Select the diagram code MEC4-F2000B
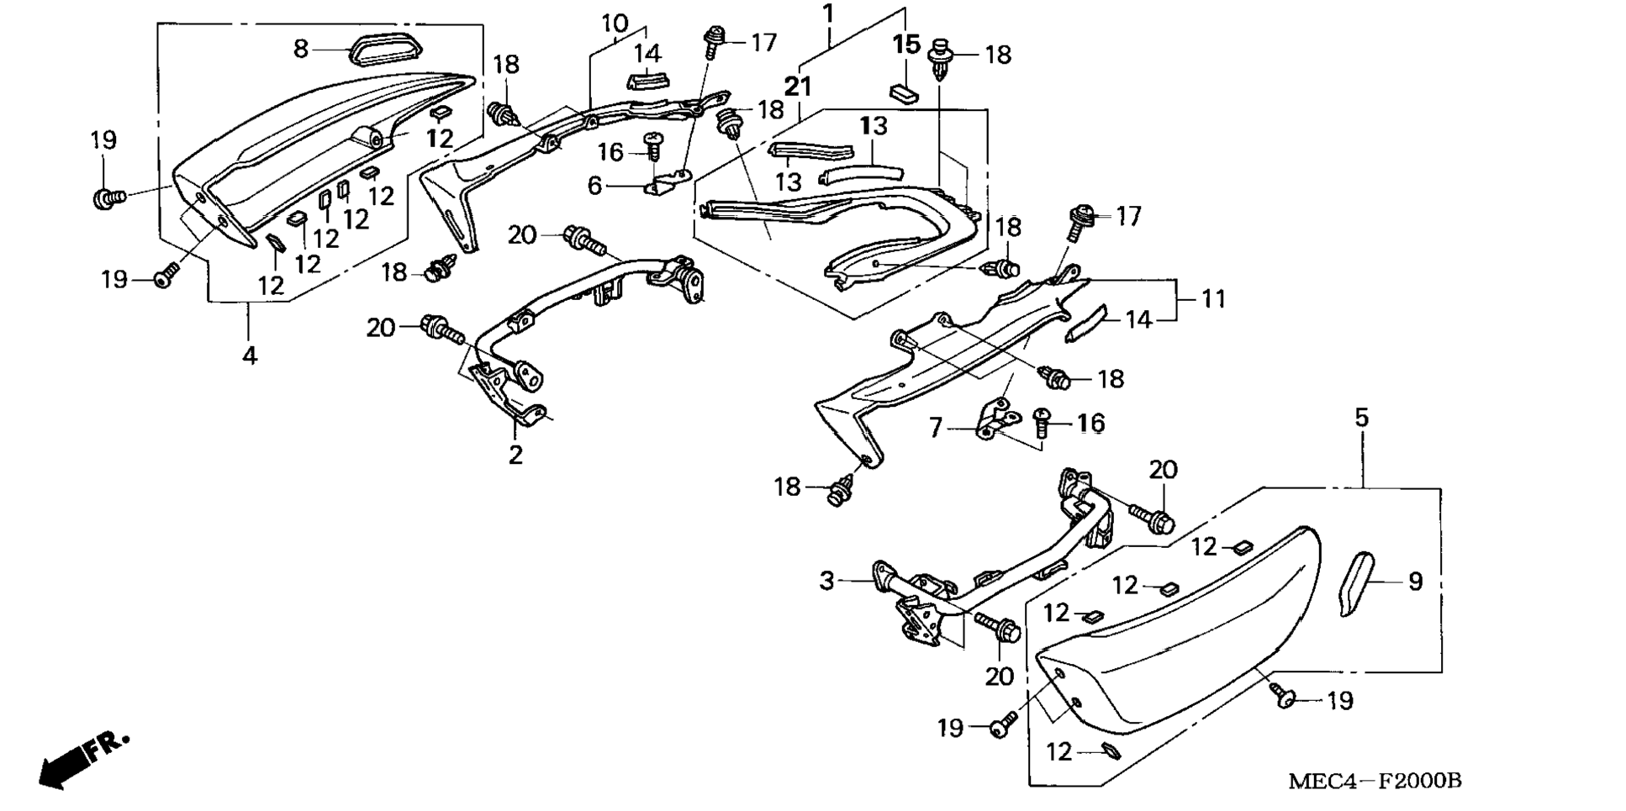[1375, 781]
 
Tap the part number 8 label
[300, 49]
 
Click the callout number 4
[250, 355]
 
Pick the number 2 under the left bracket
[515, 455]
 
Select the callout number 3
[827, 581]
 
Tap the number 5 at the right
[1361, 418]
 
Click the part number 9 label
[1415, 582]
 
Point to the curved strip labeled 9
[1355, 584]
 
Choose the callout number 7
[936, 429]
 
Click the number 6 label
[594, 186]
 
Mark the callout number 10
[615, 23]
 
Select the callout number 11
[1213, 299]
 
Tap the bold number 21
[799, 86]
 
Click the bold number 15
[906, 44]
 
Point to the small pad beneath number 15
[904, 90]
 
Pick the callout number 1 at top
[828, 13]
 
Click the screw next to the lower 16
[1043, 423]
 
